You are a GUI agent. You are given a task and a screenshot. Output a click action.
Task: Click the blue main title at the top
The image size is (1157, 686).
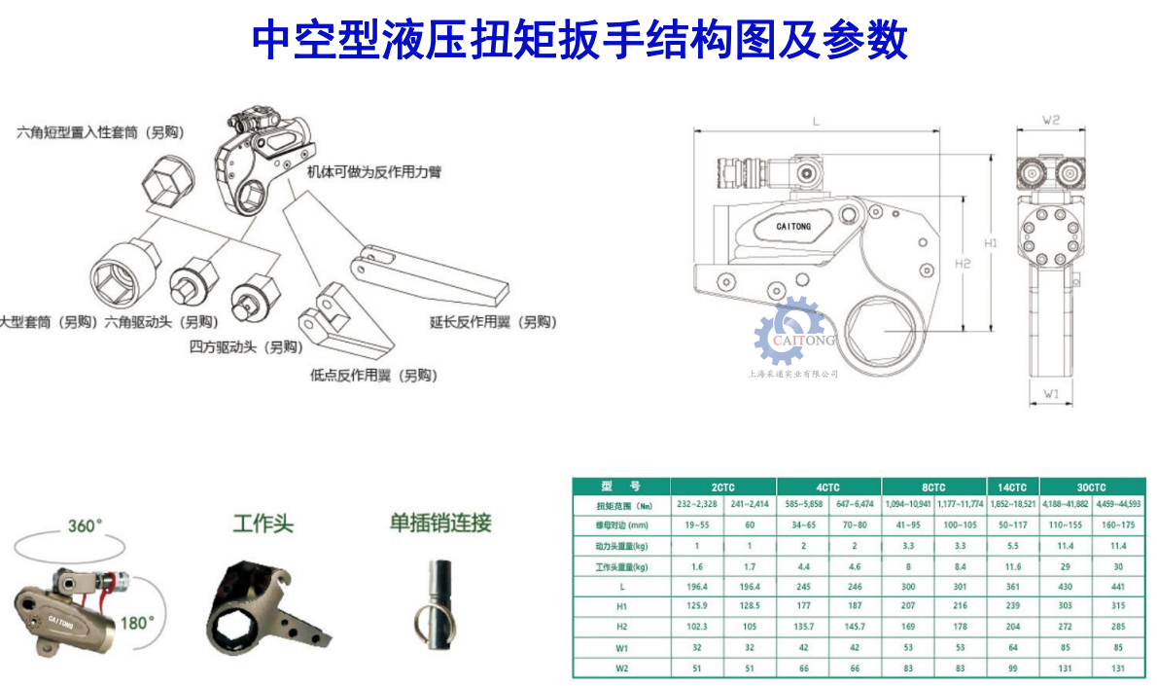coord(579,41)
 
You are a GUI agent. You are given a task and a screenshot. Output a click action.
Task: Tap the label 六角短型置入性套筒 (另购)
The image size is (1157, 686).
coord(100,132)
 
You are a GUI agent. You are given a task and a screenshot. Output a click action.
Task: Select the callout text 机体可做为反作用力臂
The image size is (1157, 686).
coord(373,172)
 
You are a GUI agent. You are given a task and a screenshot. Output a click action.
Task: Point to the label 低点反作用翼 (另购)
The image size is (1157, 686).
coord(372,375)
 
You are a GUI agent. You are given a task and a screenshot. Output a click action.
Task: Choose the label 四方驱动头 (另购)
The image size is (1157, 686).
coord(245,346)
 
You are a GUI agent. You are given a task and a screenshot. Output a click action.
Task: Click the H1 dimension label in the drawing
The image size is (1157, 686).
coord(990,243)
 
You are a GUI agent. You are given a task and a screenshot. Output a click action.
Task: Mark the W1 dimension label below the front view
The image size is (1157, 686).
coord(1051,394)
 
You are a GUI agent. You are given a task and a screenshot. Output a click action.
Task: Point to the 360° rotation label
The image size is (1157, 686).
coord(85,526)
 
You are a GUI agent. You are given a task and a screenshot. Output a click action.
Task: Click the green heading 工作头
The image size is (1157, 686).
coord(263,524)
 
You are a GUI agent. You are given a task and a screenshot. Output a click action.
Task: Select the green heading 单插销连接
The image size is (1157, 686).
coord(440,523)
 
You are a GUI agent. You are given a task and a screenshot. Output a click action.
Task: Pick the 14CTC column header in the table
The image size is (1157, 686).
coord(1012,487)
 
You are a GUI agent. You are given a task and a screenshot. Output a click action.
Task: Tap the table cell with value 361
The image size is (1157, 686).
coord(1012,587)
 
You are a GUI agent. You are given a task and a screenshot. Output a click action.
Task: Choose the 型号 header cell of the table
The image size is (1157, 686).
coord(621,487)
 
